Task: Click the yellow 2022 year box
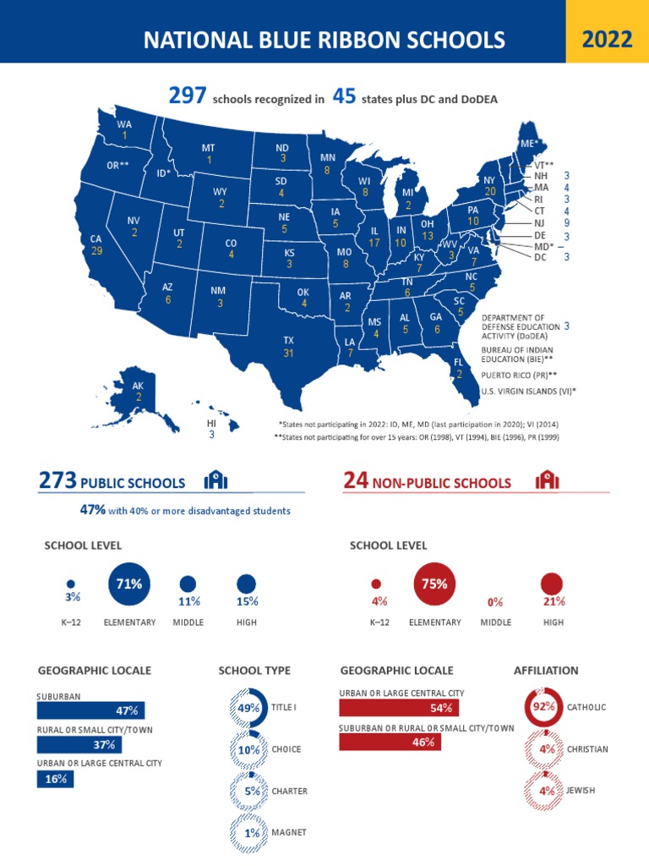click(607, 39)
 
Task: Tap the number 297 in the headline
click(188, 96)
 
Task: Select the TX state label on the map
click(288, 339)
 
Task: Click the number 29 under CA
click(96, 251)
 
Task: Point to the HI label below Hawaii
click(211, 423)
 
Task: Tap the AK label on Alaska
click(138, 385)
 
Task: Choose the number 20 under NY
click(490, 191)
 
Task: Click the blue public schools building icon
click(216, 481)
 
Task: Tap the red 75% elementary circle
click(439, 584)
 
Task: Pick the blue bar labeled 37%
click(79, 744)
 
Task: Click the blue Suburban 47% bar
click(91, 710)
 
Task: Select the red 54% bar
click(399, 708)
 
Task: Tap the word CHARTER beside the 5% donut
click(289, 792)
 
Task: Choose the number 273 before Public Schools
click(57, 481)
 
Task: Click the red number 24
click(356, 481)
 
